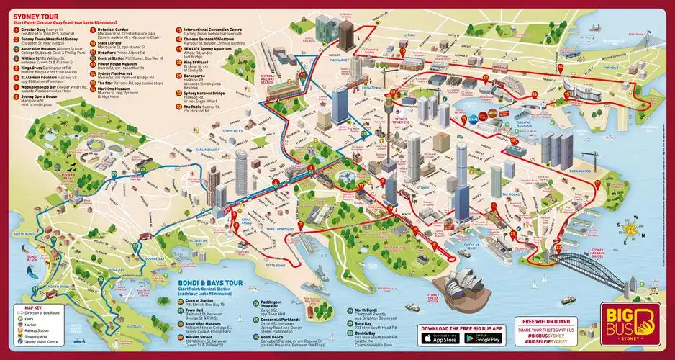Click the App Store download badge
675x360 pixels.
click(x=440, y=339)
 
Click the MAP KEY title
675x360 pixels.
click(x=27, y=307)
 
